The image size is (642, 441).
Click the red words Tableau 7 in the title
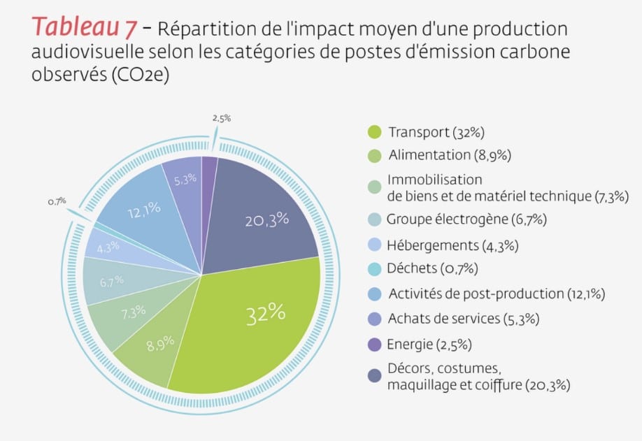[85, 27]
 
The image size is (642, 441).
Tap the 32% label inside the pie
[266, 314]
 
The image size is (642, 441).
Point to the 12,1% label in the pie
[144, 210]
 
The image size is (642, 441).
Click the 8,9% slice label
[161, 344]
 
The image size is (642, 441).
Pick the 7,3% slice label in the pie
[134, 312]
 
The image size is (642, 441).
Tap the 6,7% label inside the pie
[112, 281]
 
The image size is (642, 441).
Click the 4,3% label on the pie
[108, 247]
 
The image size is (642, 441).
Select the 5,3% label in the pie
[185, 179]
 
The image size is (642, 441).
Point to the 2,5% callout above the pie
[222, 118]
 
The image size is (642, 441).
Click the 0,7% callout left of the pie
[57, 201]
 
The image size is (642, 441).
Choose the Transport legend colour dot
[374, 131]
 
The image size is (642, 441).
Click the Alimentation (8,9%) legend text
[450, 155]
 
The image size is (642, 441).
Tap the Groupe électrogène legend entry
[466, 219]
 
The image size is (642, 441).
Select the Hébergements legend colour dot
[374, 245]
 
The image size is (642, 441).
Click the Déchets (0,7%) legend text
[432, 268]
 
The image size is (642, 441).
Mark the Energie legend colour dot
[374, 344]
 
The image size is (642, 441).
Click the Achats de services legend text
[464, 319]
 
